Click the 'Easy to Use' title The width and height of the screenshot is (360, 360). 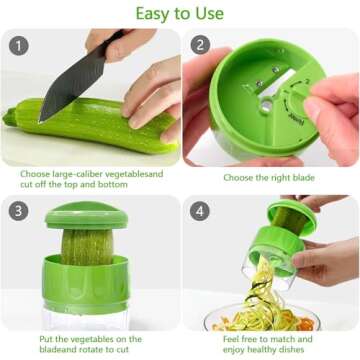[180, 12]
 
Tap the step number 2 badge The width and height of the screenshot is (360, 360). [199, 45]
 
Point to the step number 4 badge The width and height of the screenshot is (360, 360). [199, 212]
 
